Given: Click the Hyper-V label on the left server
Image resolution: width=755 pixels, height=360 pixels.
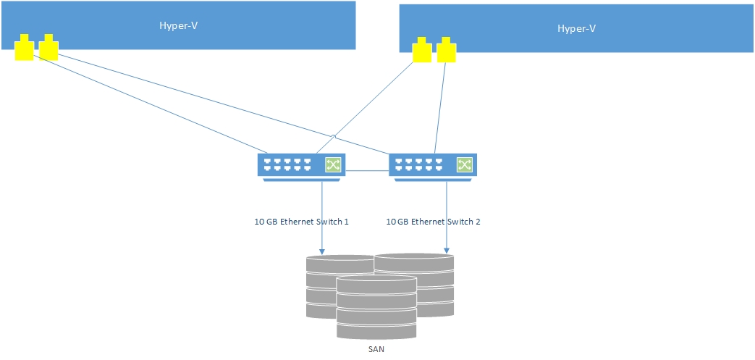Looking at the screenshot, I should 178,26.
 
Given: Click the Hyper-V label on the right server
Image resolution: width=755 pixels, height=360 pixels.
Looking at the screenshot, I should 576,29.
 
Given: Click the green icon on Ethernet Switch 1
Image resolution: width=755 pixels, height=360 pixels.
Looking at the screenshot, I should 333,165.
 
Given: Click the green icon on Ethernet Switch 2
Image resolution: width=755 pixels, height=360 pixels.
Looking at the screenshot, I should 464,165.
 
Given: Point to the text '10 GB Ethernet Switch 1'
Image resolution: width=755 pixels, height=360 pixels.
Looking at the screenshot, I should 297,222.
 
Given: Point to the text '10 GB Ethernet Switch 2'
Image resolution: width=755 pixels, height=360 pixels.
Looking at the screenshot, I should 433,222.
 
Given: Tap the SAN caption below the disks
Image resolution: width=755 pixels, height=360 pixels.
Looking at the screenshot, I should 377,350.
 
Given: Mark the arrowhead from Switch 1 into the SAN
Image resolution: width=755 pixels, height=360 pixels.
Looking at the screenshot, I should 321,251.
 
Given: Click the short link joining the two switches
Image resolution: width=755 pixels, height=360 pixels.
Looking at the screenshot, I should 367,171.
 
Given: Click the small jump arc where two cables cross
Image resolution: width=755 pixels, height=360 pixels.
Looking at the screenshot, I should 333,136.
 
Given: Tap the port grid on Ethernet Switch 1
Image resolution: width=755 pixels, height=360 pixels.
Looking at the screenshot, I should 287,165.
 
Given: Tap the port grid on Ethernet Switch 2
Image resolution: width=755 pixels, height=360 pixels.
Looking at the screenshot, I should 419,165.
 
